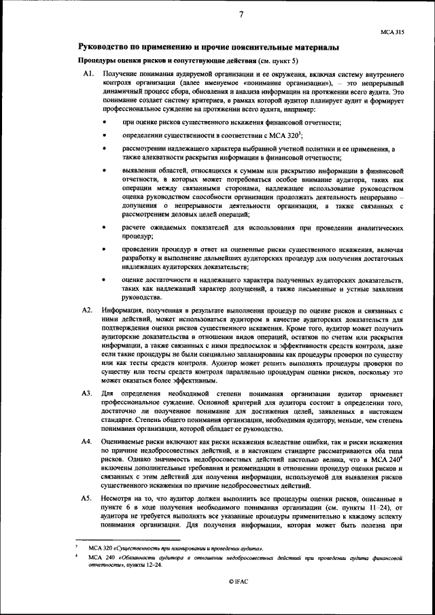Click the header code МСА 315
pos(392,31)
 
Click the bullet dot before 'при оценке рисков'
pos(104,122)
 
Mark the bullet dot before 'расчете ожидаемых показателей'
pos(104,229)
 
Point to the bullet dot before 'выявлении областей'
pos(104,173)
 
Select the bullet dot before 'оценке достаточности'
pos(104,279)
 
